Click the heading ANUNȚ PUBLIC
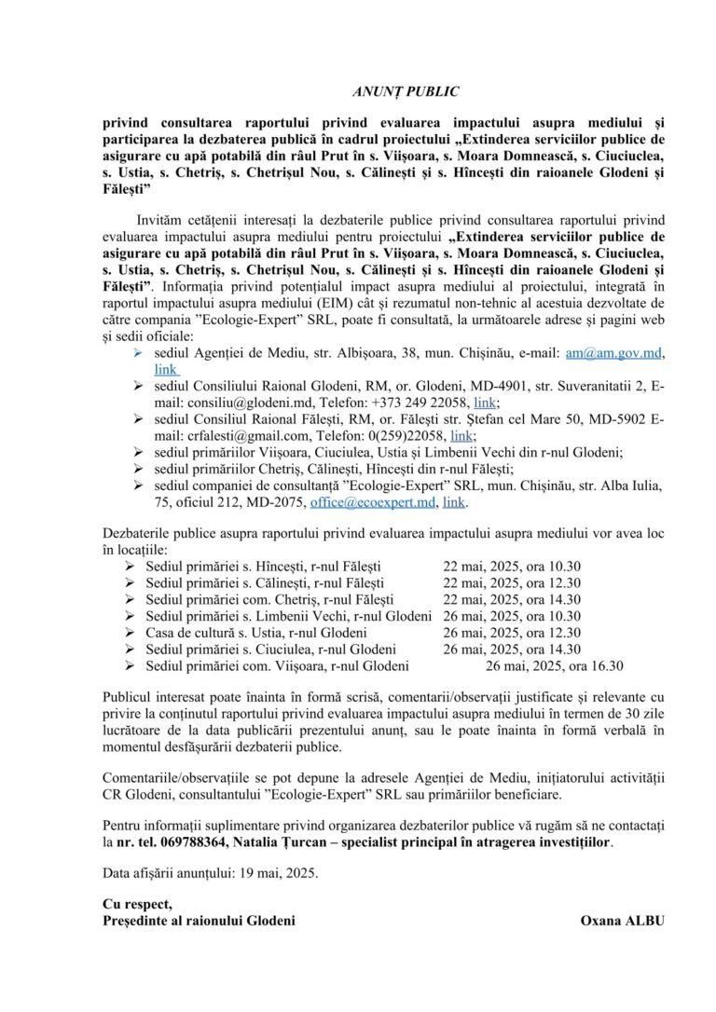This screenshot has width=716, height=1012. coord(406,91)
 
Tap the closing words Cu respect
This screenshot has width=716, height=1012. coord(137,904)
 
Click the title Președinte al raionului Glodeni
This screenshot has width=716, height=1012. coord(199,921)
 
